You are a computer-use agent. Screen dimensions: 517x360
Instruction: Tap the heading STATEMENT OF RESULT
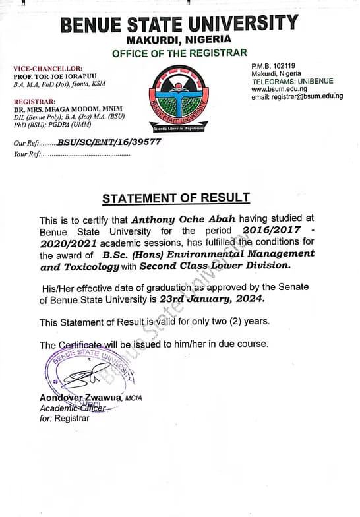175,198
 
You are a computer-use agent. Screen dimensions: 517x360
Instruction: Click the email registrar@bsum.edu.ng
297,97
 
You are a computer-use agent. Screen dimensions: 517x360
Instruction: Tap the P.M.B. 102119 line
274,66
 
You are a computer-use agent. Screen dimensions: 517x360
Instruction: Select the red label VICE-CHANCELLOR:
48,69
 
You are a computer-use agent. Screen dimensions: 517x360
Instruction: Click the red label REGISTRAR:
34,101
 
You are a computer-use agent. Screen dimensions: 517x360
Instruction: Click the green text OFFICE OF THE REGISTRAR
179,53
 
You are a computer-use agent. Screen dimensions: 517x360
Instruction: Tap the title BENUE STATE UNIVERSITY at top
179,25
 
